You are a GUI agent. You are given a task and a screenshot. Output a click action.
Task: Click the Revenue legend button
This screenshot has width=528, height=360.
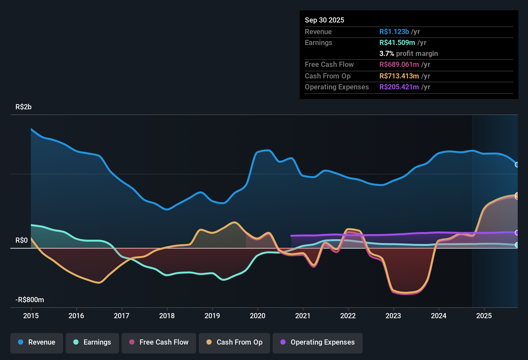pos(36,342)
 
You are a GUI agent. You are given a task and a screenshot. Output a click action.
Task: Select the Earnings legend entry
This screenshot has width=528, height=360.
pos(92,342)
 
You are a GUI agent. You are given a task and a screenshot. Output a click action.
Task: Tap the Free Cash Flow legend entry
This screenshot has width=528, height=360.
pos(159,342)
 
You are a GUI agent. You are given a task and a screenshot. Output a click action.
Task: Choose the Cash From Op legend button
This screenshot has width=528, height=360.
pos(234,342)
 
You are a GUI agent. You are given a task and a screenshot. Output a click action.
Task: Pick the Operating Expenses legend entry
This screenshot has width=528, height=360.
pos(317,342)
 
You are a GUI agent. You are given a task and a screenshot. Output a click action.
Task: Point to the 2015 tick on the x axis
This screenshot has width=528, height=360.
pos(31,316)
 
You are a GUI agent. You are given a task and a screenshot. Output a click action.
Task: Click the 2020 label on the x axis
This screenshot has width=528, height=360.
pos(258,316)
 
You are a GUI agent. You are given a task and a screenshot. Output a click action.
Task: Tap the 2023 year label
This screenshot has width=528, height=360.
pos(393,316)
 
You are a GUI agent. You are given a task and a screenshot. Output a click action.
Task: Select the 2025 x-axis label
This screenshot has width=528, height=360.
pos(484,316)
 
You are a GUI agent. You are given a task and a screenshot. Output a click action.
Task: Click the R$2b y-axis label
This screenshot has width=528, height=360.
pos(23,107)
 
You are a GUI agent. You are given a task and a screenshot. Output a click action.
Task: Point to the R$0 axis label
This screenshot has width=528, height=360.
pos(22,240)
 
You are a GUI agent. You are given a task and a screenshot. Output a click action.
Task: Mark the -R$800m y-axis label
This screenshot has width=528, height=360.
pos(30,300)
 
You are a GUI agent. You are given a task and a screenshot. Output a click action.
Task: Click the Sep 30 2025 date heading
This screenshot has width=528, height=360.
pos(324,20)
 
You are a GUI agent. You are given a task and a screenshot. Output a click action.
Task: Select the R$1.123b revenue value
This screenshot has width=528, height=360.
pos(394,32)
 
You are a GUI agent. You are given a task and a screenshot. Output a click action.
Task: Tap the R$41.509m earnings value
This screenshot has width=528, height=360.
pos(397,42)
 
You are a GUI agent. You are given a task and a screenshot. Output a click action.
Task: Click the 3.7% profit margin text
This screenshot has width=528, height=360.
pos(408,53)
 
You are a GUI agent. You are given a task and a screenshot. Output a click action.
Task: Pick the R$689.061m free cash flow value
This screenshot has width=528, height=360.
pos(399,64)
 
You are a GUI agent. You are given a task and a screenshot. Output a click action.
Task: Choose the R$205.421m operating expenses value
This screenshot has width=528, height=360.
pos(399,87)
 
